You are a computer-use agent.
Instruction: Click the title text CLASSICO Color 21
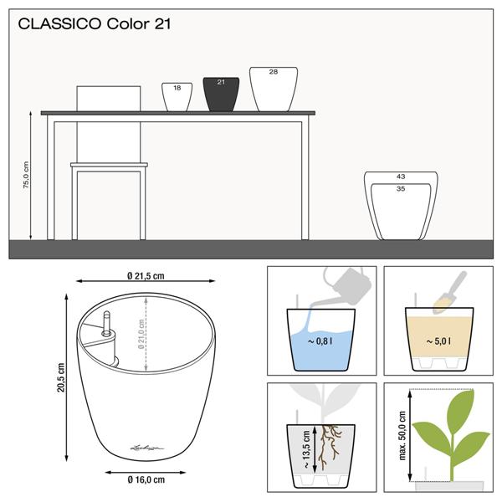point(95,24)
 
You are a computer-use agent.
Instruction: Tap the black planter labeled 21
point(221,95)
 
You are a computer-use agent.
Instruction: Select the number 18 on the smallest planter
point(177,88)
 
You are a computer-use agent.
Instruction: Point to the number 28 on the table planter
point(274,72)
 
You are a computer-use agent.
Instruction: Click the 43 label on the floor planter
point(401,177)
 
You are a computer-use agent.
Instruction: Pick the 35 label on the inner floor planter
point(401,188)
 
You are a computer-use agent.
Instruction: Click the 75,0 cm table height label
point(26,175)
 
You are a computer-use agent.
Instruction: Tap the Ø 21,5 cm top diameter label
point(146,276)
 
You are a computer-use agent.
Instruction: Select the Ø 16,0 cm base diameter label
point(146,479)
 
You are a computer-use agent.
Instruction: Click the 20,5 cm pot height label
point(61,377)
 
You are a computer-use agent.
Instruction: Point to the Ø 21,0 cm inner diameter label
point(141,334)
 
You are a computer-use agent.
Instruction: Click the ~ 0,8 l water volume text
point(320,341)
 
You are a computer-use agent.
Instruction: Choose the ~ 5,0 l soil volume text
point(438,341)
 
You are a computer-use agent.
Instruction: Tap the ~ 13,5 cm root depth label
point(306,449)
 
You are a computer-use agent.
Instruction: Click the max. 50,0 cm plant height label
point(402,436)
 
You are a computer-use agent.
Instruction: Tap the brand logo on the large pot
point(147,448)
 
